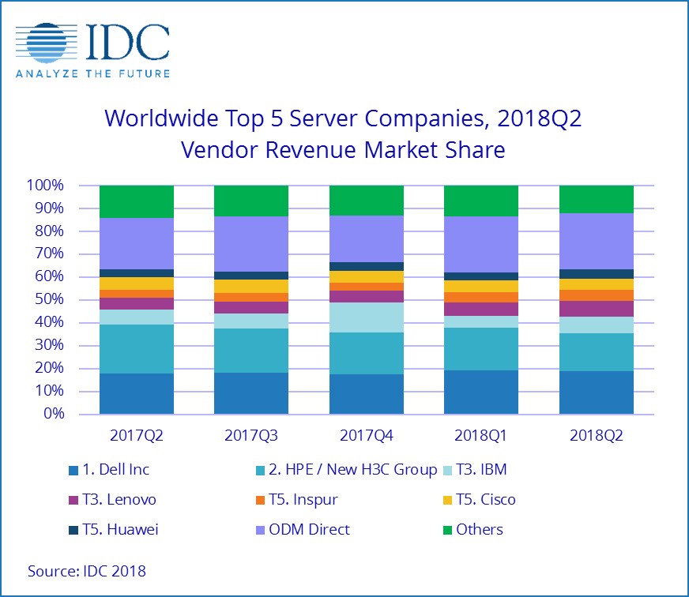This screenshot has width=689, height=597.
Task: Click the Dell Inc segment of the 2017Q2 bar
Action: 137,393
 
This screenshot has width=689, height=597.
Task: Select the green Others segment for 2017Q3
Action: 251,201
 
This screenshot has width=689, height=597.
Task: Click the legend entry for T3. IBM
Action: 481,470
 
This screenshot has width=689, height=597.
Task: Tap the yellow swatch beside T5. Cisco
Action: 447,500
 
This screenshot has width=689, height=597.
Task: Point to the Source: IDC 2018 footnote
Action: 87,570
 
